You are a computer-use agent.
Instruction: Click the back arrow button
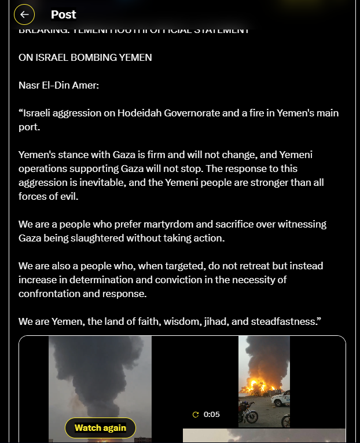(x=24, y=14)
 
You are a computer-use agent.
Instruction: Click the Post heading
(x=64, y=14)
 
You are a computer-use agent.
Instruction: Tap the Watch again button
(x=100, y=428)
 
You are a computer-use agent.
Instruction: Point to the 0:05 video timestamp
(x=212, y=415)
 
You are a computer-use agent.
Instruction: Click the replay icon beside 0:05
(x=196, y=415)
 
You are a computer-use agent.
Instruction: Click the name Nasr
(x=30, y=85)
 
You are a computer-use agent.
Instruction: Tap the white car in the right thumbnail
(x=281, y=398)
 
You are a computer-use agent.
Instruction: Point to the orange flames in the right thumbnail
(x=262, y=386)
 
